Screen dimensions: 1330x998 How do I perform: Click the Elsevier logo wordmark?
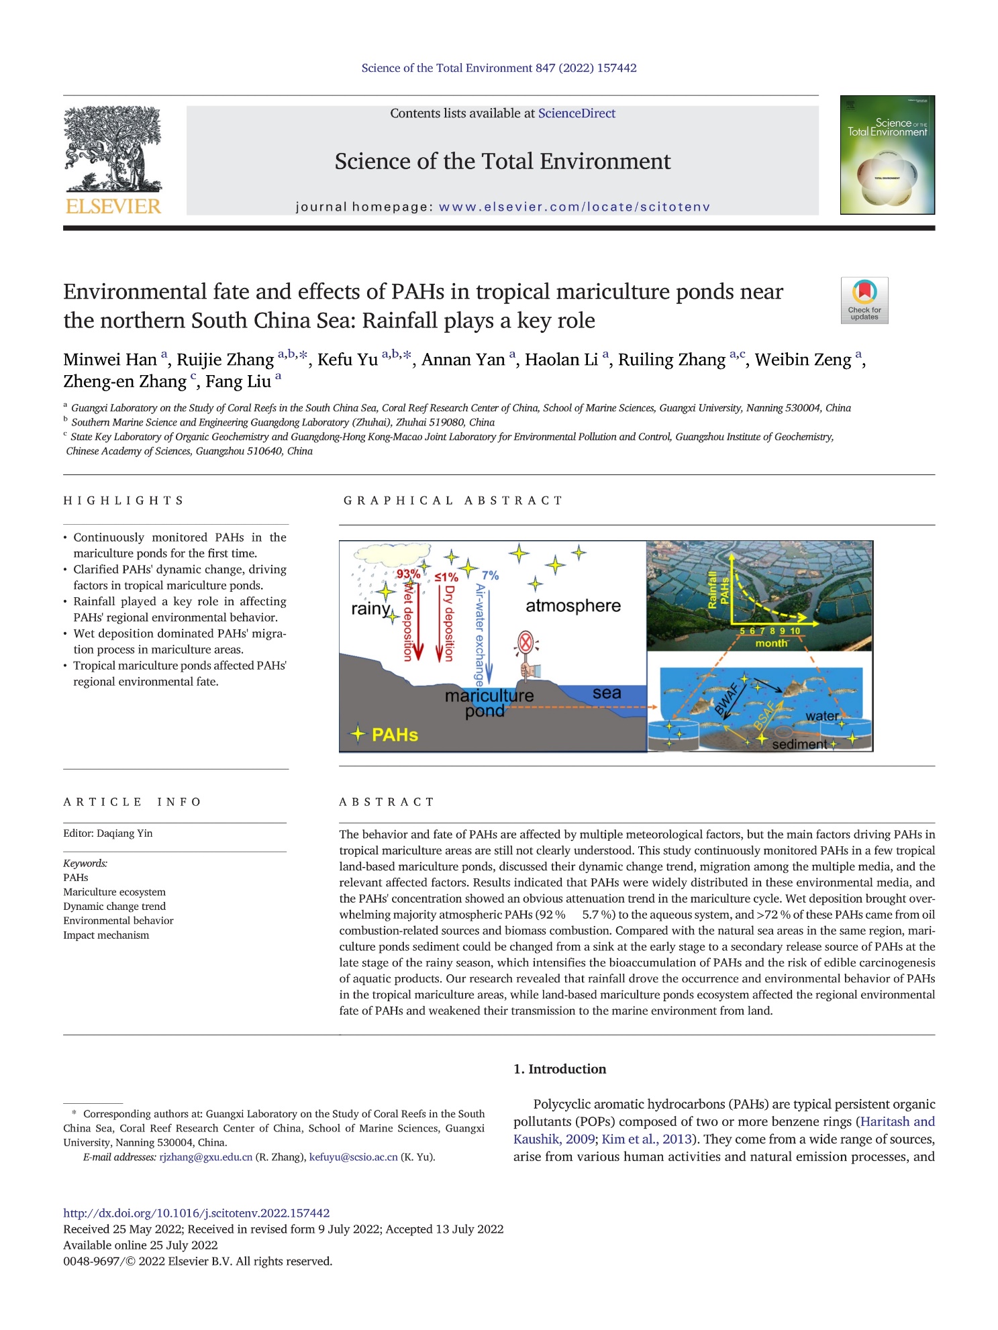pos(113,205)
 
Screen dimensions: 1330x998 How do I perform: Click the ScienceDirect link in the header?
pos(577,113)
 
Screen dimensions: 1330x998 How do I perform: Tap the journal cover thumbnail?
pos(887,155)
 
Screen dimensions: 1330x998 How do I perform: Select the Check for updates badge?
pos(864,300)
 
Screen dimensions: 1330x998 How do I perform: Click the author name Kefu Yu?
pos(348,360)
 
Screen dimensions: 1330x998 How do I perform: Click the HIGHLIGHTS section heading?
pos(123,501)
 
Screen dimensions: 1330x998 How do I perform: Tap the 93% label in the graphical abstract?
pos(408,574)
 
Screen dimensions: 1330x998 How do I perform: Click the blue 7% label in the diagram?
pos(490,575)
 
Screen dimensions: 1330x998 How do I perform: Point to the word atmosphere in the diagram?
pos(572,605)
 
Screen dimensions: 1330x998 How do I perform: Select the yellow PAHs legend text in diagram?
pos(395,734)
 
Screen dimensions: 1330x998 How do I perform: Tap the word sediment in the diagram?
pos(799,744)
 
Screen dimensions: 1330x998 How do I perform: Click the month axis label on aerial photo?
pos(771,643)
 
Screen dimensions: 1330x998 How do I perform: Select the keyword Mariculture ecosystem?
pos(114,892)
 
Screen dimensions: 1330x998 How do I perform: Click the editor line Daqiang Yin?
pos(108,833)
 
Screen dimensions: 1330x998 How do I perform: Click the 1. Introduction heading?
pos(560,1069)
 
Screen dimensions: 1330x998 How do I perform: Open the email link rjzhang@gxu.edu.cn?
pos(205,1157)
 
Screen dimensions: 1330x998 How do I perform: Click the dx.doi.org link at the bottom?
pos(196,1213)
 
